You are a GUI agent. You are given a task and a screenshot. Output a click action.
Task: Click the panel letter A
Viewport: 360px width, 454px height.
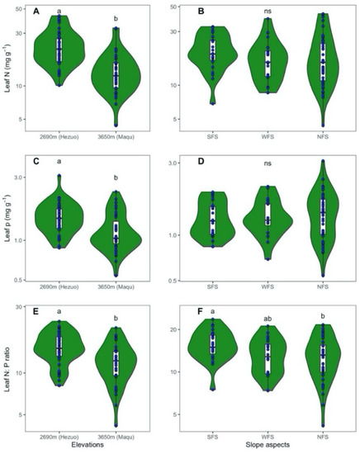[36, 12]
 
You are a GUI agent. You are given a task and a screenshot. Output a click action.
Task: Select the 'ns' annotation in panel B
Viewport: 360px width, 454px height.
[268, 12]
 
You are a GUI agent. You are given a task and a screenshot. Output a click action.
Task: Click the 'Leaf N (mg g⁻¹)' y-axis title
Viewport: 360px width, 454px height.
[7, 70]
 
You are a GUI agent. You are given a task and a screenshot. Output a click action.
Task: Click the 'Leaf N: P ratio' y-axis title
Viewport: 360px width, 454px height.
[7, 368]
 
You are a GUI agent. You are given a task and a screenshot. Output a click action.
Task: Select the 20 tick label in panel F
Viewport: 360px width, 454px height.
[187, 330]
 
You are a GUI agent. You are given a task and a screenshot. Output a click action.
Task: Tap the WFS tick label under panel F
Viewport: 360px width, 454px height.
[268, 434]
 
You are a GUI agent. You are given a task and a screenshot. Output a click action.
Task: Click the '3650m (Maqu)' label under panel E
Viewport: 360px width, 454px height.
[116, 434]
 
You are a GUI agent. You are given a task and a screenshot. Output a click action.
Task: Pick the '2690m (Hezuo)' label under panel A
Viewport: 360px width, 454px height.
[59, 136]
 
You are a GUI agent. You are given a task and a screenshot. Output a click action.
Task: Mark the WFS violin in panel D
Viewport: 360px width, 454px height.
[268, 219]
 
